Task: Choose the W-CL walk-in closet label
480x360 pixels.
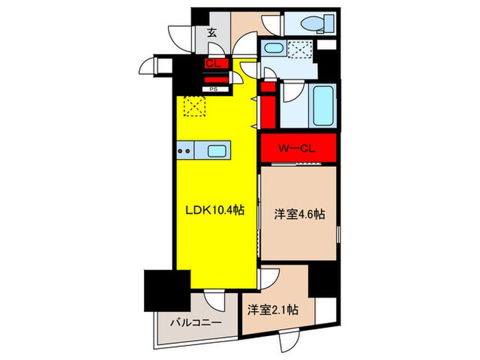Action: [298, 147]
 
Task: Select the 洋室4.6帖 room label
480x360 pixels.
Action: [300, 214]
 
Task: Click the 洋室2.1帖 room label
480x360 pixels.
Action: [272, 310]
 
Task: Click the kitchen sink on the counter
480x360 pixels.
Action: [217, 151]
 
